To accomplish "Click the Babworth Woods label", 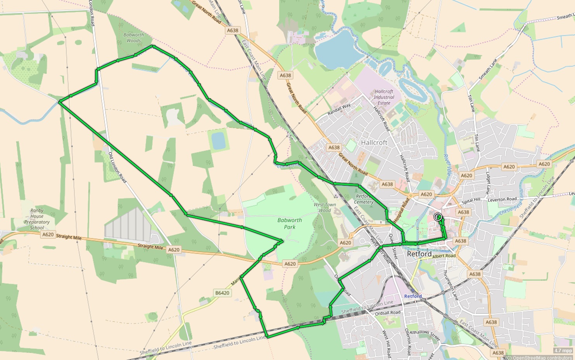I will click(x=133, y=38).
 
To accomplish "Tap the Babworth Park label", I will click(x=289, y=224).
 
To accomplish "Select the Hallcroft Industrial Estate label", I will click(x=384, y=97).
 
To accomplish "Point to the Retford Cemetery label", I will click(x=363, y=199).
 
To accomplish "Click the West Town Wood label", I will click(x=325, y=207).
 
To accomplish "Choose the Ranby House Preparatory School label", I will click(x=37, y=219).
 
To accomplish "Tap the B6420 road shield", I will click(x=222, y=293).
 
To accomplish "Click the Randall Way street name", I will click(x=339, y=109).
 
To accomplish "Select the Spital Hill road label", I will click(x=471, y=200).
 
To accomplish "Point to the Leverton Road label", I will click(x=502, y=199).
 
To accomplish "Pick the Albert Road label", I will click(x=444, y=256).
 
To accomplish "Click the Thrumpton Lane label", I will click(x=451, y=285).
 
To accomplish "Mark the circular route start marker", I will click(x=438, y=217).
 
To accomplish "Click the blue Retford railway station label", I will click(x=413, y=296).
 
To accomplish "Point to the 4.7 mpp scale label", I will click(x=563, y=351).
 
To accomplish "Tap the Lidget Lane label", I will click(x=488, y=183).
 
